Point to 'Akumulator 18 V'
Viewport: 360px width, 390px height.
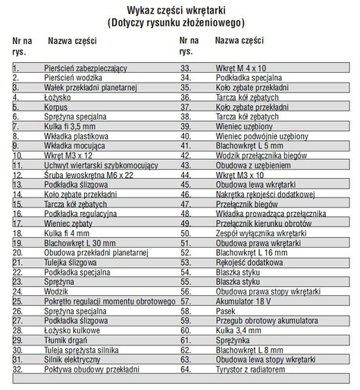244,301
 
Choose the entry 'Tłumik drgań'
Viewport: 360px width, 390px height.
67,340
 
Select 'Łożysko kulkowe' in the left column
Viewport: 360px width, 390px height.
72,330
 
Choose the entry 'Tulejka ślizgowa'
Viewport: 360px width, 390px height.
71,262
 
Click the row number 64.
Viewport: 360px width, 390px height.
185,369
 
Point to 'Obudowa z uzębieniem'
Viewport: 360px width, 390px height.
252,165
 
